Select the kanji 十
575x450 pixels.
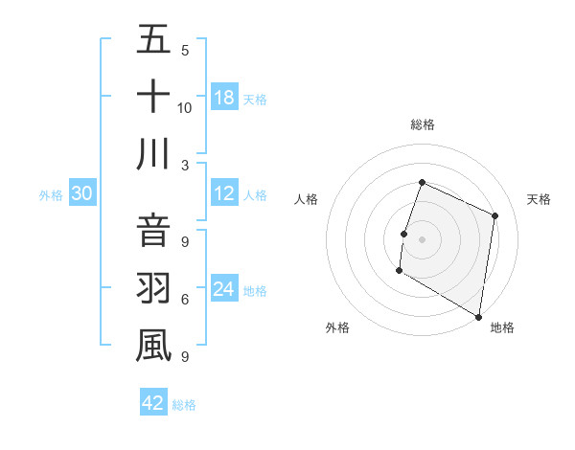153,97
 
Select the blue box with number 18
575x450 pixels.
224,97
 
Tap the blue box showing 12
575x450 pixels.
224,193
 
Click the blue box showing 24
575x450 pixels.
224,289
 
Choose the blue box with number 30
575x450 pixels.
82,193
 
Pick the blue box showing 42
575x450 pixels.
153,402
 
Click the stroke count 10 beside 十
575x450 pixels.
185,107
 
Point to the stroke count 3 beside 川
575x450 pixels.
185,165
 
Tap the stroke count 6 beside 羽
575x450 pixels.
185,300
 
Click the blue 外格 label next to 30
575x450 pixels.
51,194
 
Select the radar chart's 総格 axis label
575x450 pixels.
422,124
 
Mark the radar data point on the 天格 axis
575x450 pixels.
495,215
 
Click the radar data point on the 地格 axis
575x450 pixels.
478,316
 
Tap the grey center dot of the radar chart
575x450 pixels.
422,239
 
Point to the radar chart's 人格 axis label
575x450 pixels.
307,199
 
